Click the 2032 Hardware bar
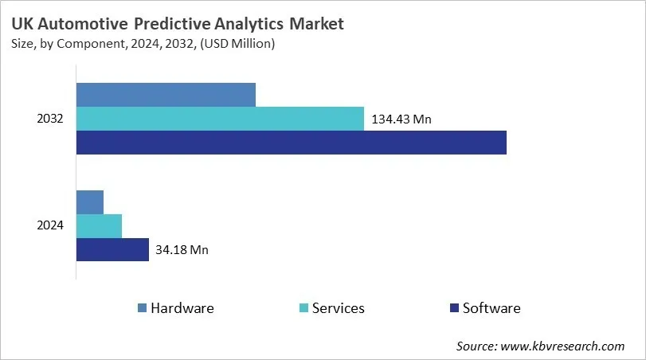(166, 94)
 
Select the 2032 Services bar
(220, 119)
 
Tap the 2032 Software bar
(291, 143)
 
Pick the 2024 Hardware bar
(90, 202)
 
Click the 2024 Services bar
(99, 225)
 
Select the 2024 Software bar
(112, 249)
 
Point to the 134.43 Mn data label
(401, 119)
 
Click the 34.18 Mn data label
(182, 250)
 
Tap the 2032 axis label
(50, 119)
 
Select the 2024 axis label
(50, 225)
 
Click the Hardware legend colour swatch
(142, 308)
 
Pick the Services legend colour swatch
(303, 308)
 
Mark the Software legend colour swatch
(454, 308)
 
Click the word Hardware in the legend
(182, 308)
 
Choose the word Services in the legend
(338, 308)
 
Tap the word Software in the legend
(491, 308)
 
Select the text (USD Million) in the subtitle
(237, 45)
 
